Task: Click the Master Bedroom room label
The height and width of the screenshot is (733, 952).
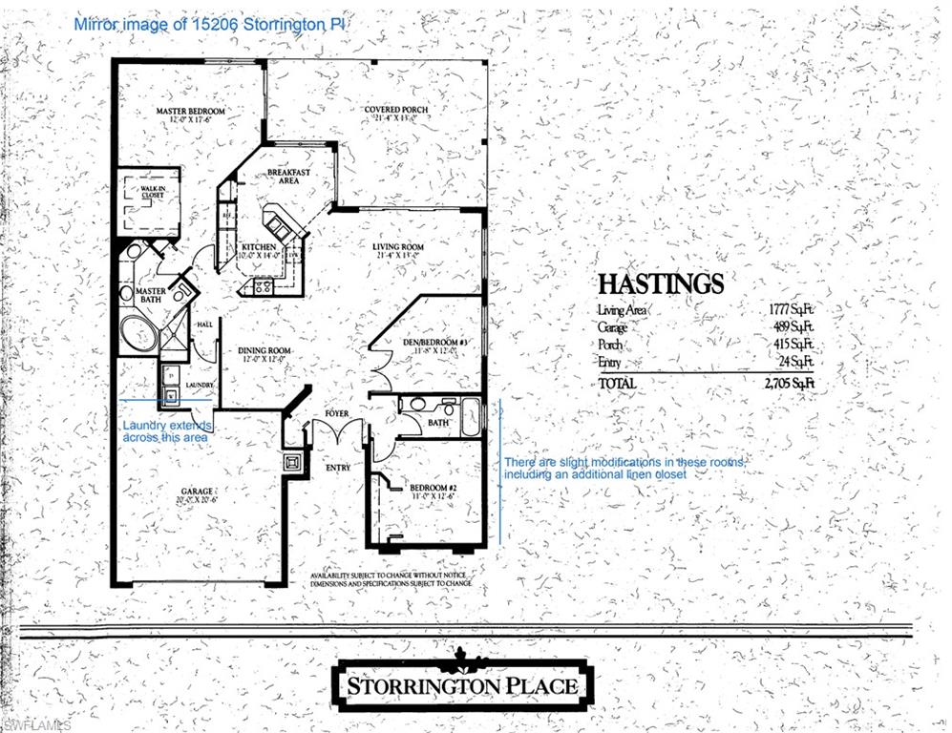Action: (x=191, y=112)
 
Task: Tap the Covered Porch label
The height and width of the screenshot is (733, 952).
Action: (x=396, y=110)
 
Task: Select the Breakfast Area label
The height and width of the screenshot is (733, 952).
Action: (x=288, y=176)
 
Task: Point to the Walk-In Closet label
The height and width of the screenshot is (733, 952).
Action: (x=153, y=192)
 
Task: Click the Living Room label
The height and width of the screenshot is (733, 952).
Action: (x=398, y=247)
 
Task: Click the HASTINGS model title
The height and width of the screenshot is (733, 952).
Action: (x=660, y=283)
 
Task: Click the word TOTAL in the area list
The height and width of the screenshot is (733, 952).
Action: (x=618, y=383)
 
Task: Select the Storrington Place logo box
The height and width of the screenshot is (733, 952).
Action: (x=462, y=683)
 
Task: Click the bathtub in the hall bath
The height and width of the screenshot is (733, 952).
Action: (x=471, y=418)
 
